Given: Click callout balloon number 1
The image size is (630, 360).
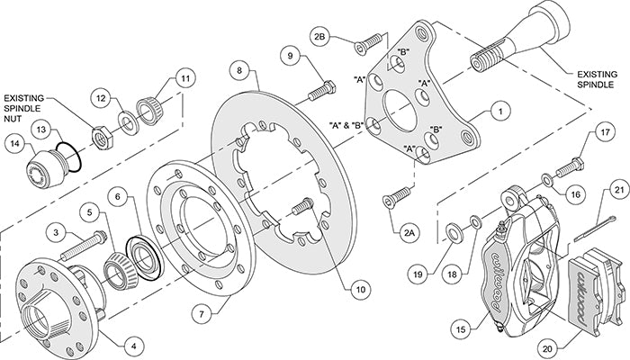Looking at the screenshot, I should [496, 113].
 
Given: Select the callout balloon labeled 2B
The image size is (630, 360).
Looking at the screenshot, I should [320, 38].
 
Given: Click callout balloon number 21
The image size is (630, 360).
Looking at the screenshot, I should [618, 191].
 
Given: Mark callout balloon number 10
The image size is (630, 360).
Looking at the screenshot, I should [360, 290].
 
